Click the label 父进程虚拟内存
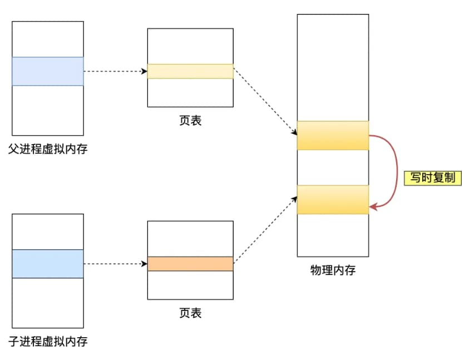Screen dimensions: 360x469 coord(48,149)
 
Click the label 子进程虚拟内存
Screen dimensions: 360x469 coord(48,341)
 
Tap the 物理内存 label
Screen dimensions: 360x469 coord(333,271)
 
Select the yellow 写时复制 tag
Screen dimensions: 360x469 coord(433,178)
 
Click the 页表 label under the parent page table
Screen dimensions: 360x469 coord(190,120)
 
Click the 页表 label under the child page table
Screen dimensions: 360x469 coord(190,313)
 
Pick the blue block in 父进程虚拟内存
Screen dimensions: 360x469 coord(48,71)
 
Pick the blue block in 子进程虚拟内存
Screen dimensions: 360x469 coord(48,264)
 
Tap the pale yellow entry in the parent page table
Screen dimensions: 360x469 coord(190,71)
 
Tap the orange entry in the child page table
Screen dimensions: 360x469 coord(190,264)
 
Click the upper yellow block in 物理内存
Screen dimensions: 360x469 coord(333,135)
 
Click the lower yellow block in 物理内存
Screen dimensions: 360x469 coord(333,200)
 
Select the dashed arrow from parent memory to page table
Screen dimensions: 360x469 coord(115,71)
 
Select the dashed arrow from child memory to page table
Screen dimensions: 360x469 coord(115,264)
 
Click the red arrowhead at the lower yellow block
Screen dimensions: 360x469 coord(373,207)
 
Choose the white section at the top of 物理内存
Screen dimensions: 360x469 coord(333,67)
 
